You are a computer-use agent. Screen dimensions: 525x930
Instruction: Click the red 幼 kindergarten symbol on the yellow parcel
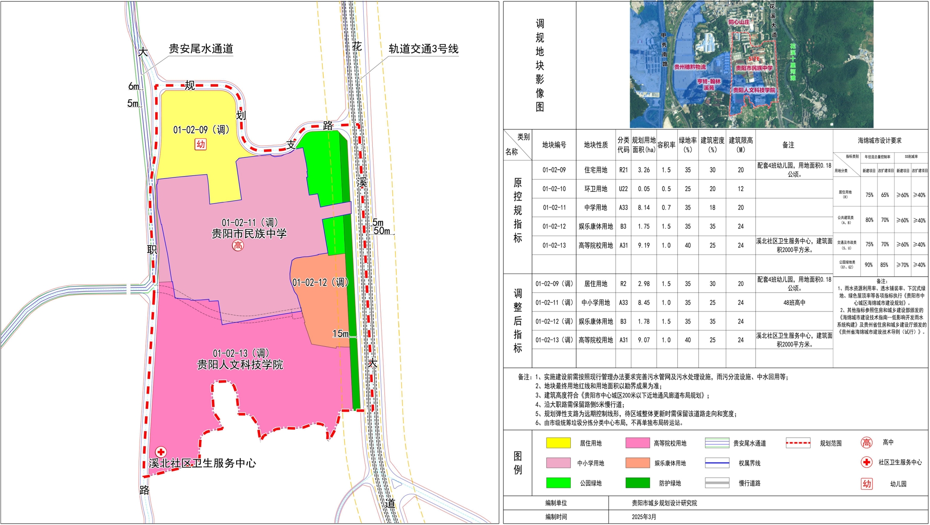click(x=201, y=144)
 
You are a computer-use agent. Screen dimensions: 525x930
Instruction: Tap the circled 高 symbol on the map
click(x=238, y=246)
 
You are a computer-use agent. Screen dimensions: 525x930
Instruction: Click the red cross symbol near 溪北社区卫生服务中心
click(x=161, y=452)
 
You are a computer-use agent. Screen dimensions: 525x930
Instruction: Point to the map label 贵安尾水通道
click(x=201, y=49)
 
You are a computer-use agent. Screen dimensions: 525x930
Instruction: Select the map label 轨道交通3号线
click(x=423, y=49)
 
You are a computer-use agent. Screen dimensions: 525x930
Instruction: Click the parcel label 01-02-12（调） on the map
click(x=320, y=283)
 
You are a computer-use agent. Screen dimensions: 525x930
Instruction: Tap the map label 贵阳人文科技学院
click(x=240, y=365)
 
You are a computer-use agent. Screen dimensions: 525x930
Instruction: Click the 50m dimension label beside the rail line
click(x=382, y=231)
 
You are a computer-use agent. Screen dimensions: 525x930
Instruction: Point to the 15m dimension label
click(x=341, y=334)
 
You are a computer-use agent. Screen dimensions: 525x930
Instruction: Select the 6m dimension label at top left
click(x=134, y=86)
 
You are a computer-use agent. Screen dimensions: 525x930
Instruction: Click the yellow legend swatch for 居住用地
click(x=558, y=443)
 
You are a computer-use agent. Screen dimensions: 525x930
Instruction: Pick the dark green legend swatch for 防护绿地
click(x=638, y=483)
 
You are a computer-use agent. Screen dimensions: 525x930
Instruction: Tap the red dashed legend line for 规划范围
click(x=798, y=443)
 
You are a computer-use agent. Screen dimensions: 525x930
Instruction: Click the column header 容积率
click(x=666, y=145)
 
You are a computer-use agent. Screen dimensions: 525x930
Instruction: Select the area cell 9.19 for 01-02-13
click(x=644, y=246)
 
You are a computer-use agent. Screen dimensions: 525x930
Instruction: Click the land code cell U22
click(x=623, y=189)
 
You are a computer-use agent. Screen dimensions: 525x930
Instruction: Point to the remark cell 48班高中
click(x=794, y=303)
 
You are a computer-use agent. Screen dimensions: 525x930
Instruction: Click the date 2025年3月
click(x=644, y=517)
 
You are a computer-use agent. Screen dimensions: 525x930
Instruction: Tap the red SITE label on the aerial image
click(x=754, y=59)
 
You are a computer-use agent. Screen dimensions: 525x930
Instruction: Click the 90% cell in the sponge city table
click(x=869, y=265)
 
